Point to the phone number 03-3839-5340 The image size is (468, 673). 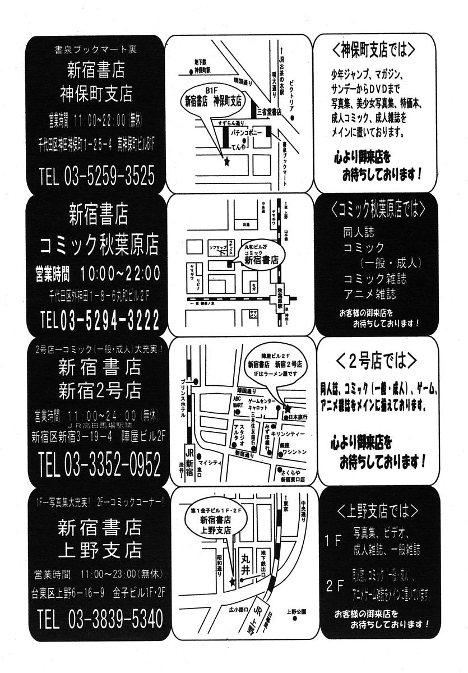point(115,619)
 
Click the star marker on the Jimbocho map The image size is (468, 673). point(226,163)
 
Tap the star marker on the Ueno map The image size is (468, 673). point(232,583)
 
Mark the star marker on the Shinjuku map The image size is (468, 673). point(288,408)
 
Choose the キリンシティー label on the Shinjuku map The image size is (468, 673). point(288,434)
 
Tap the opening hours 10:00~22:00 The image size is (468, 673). point(120,274)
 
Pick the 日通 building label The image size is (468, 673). point(245,224)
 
